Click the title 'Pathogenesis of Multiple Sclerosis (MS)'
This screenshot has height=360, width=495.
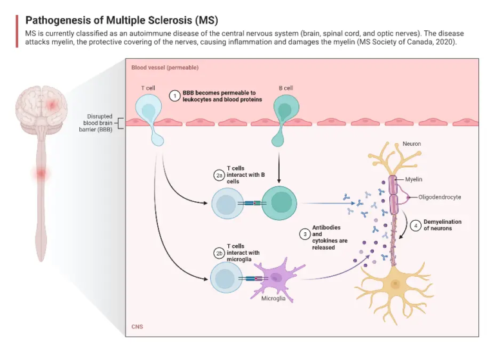[x=117, y=19]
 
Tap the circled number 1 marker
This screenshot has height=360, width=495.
[x=174, y=95]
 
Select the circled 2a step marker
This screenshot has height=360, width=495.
[x=219, y=175]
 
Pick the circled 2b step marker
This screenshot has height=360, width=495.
[x=219, y=253]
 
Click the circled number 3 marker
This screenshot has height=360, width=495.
[x=304, y=234]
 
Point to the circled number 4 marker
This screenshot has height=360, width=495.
[x=415, y=225]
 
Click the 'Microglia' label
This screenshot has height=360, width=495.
[x=273, y=299]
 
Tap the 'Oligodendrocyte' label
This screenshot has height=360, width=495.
[x=439, y=197]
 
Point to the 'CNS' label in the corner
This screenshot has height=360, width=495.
[x=137, y=327]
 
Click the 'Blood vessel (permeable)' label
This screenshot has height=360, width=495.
[x=165, y=68]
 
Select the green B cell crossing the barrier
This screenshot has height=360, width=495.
[x=286, y=113]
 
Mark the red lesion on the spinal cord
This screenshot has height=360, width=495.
[x=42, y=174]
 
